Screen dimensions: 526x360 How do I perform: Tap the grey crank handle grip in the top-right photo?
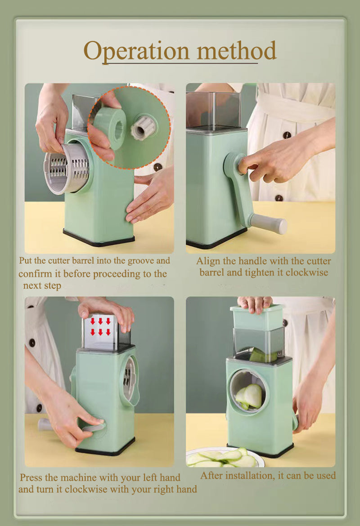269,223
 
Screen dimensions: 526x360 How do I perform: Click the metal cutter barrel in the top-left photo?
67,168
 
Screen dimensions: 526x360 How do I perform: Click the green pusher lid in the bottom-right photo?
257,317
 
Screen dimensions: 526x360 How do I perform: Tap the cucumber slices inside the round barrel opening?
250,396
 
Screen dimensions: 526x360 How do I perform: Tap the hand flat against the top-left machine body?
148,198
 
